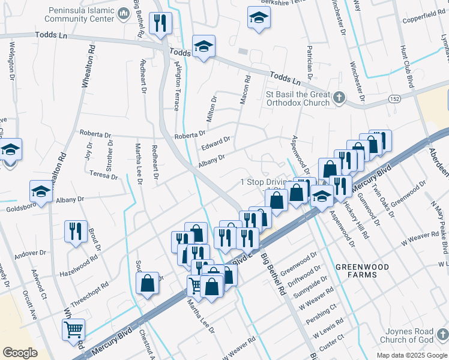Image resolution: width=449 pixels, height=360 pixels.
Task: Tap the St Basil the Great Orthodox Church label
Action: (298, 98)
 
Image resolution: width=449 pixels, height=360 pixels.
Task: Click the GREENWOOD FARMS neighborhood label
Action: (362, 271)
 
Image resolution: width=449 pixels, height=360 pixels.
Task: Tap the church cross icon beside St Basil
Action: (340, 98)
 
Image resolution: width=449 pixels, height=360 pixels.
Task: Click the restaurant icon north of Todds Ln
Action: (160, 23)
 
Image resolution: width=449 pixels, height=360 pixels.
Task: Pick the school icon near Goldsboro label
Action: (41, 192)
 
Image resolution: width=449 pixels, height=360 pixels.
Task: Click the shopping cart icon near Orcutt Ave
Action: (73, 329)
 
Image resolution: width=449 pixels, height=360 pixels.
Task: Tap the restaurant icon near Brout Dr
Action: (75, 232)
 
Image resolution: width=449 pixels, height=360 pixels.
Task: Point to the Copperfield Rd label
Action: (422, 13)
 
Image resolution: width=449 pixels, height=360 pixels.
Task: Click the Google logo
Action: (20, 353)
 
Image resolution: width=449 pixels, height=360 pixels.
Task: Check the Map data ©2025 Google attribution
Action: (411, 355)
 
